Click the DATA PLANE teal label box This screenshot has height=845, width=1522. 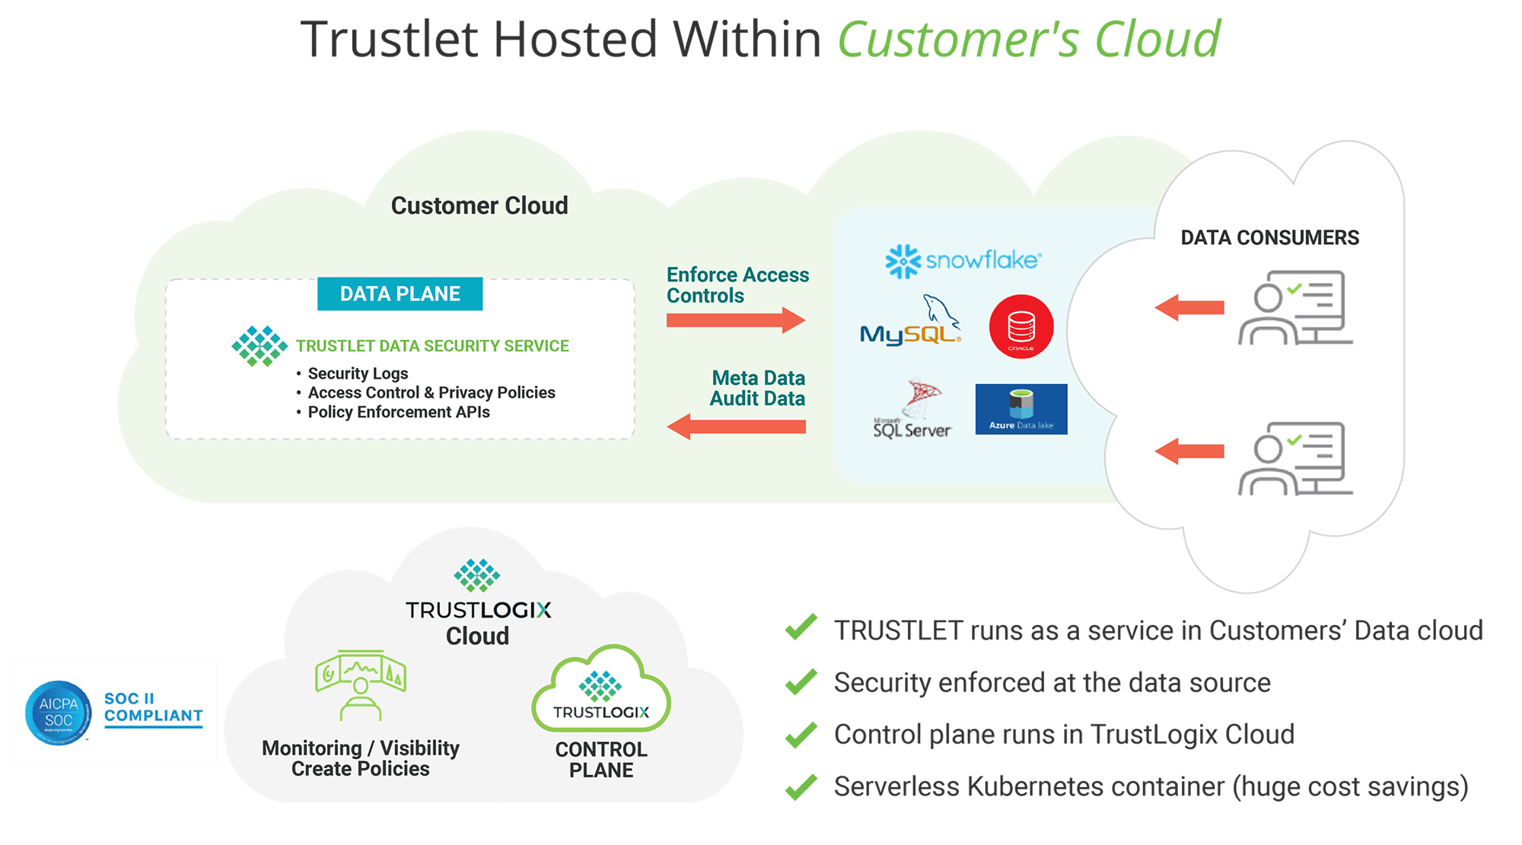coord(400,294)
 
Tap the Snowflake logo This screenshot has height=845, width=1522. coord(963,261)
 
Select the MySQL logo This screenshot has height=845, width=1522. coord(910,322)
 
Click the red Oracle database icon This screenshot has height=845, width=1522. coord(1021,327)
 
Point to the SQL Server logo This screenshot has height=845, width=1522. coord(912,411)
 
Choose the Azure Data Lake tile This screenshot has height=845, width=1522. coord(1021,409)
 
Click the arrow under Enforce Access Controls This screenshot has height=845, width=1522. coord(735,320)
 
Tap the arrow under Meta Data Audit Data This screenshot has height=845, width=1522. coord(736,427)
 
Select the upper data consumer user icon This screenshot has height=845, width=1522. coord(1294,308)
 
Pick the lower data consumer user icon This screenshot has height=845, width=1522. coord(1294,459)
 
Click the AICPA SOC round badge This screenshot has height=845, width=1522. coord(59,713)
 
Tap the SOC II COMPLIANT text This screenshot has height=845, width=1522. coord(153,707)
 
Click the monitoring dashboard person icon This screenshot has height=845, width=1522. coord(361,685)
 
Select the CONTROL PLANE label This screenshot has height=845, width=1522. coord(601,760)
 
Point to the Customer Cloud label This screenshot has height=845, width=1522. coord(479,205)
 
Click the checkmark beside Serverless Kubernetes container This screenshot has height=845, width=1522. coord(801,786)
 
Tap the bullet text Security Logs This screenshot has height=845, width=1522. coord(358,373)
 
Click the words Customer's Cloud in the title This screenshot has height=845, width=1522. coord(1029,40)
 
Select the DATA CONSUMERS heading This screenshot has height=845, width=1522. coord(1269,238)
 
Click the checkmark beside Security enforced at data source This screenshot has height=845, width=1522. coord(801,682)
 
